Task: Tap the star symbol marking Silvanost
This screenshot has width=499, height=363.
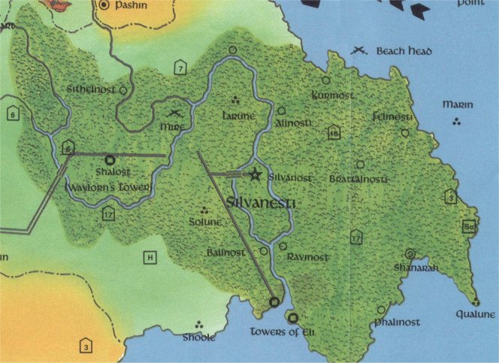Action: (x=255, y=174)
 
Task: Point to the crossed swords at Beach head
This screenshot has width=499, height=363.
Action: (x=360, y=51)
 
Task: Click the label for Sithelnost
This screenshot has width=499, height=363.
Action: (x=91, y=89)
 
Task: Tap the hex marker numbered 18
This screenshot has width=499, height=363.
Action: (x=334, y=134)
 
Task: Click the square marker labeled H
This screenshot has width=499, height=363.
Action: (x=150, y=258)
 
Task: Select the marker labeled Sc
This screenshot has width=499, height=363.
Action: (x=470, y=227)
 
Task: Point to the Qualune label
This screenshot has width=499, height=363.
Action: (x=475, y=315)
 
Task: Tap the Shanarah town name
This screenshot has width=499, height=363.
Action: (x=410, y=267)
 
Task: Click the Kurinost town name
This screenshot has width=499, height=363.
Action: (x=331, y=96)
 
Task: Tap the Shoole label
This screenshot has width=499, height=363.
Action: (x=199, y=337)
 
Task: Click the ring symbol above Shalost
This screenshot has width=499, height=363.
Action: (x=110, y=160)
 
